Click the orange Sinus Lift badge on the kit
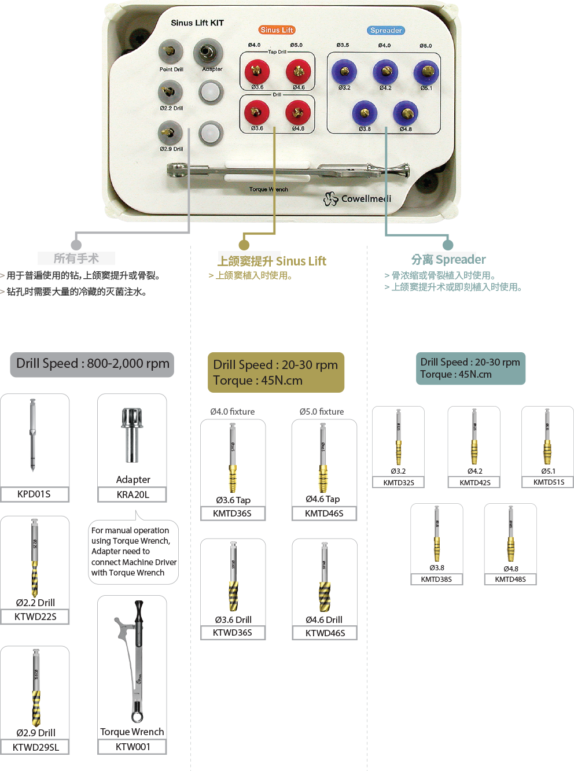click(x=277, y=30)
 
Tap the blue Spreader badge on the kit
click(x=386, y=31)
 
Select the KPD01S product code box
click(x=34, y=494)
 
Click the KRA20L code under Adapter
click(x=133, y=495)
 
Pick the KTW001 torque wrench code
click(x=133, y=747)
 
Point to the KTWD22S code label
click(x=35, y=617)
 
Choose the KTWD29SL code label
click(x=35, y=747)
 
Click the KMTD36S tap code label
click(x=232, y=513)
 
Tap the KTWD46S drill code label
click(x=325, y=633)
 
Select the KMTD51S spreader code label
click(x=549, y=482)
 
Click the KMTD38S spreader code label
click(x=436, y=579)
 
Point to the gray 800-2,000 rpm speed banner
click(x=93, y=364)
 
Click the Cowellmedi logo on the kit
click(x=358, y=199)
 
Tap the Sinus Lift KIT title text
click(x=197, y=23)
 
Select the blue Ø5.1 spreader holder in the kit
click(x=426, y=72)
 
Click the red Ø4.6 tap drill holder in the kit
click(x=298, y=72)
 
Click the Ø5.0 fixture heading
click(x=322, y=412)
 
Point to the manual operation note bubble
click(x=133, y=551)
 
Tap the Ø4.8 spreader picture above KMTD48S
click(x=510, y=535)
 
